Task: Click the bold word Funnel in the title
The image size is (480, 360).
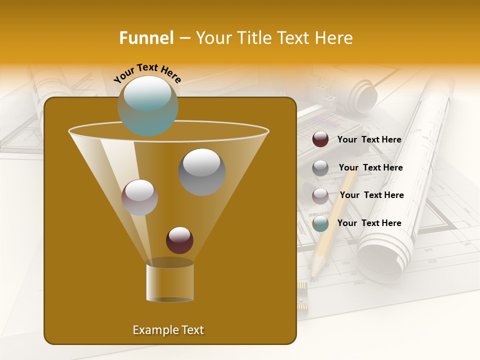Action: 146,38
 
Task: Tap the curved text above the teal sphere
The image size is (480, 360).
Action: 147,73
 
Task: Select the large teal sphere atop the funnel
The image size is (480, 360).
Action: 147,105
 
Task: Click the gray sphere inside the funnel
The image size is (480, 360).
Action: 202,172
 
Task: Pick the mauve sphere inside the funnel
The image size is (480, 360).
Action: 139,197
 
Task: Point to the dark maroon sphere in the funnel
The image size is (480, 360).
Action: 179,240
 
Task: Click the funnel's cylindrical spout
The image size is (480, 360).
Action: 170,283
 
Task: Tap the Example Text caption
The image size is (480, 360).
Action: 168,330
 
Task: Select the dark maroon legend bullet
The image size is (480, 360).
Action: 320,139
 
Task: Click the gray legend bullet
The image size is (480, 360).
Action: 320,168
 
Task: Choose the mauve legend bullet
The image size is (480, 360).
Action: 320,196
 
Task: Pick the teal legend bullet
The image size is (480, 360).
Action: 320,223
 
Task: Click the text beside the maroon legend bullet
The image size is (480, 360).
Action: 369,140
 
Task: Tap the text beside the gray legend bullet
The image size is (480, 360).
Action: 370,168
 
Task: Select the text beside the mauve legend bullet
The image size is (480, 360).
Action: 371,195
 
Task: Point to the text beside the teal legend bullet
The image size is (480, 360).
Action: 369,223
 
